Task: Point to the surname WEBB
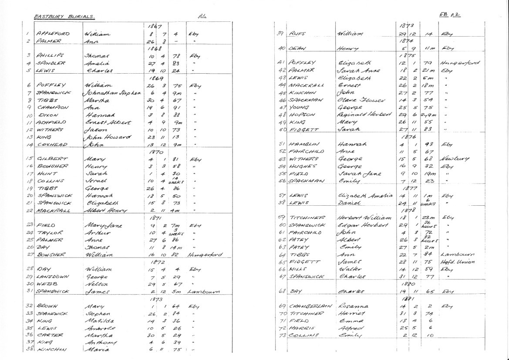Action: coord(45,284)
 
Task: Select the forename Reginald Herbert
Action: coord(361,115)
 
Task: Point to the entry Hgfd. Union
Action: coord(457,262)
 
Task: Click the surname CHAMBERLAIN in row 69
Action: coord(310,306)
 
